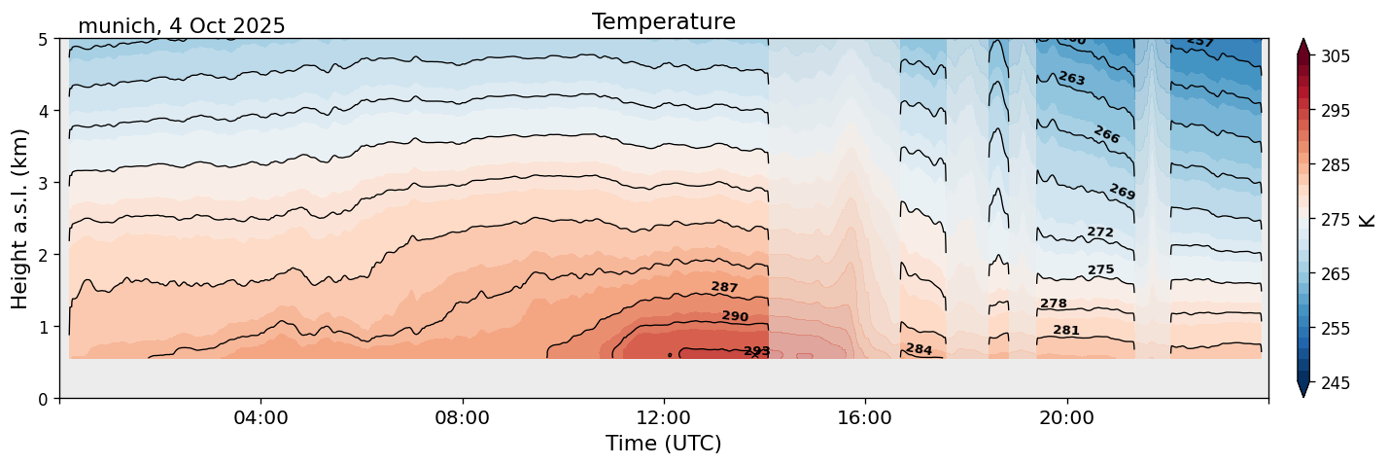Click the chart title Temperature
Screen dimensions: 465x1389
click(663, 21)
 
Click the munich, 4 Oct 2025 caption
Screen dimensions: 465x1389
click(181, 26)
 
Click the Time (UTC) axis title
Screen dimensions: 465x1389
click(663, 444)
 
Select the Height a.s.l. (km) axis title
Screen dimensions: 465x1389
click(20, 218)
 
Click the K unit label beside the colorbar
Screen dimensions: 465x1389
click(1369, 220)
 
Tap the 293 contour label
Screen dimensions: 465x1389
click(756, 351)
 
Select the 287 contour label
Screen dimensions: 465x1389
click(724, 287)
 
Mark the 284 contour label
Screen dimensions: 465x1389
click(919, 349)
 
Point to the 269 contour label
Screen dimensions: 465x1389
click(1122, 192)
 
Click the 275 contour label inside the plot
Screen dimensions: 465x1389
click(1100, 269)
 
